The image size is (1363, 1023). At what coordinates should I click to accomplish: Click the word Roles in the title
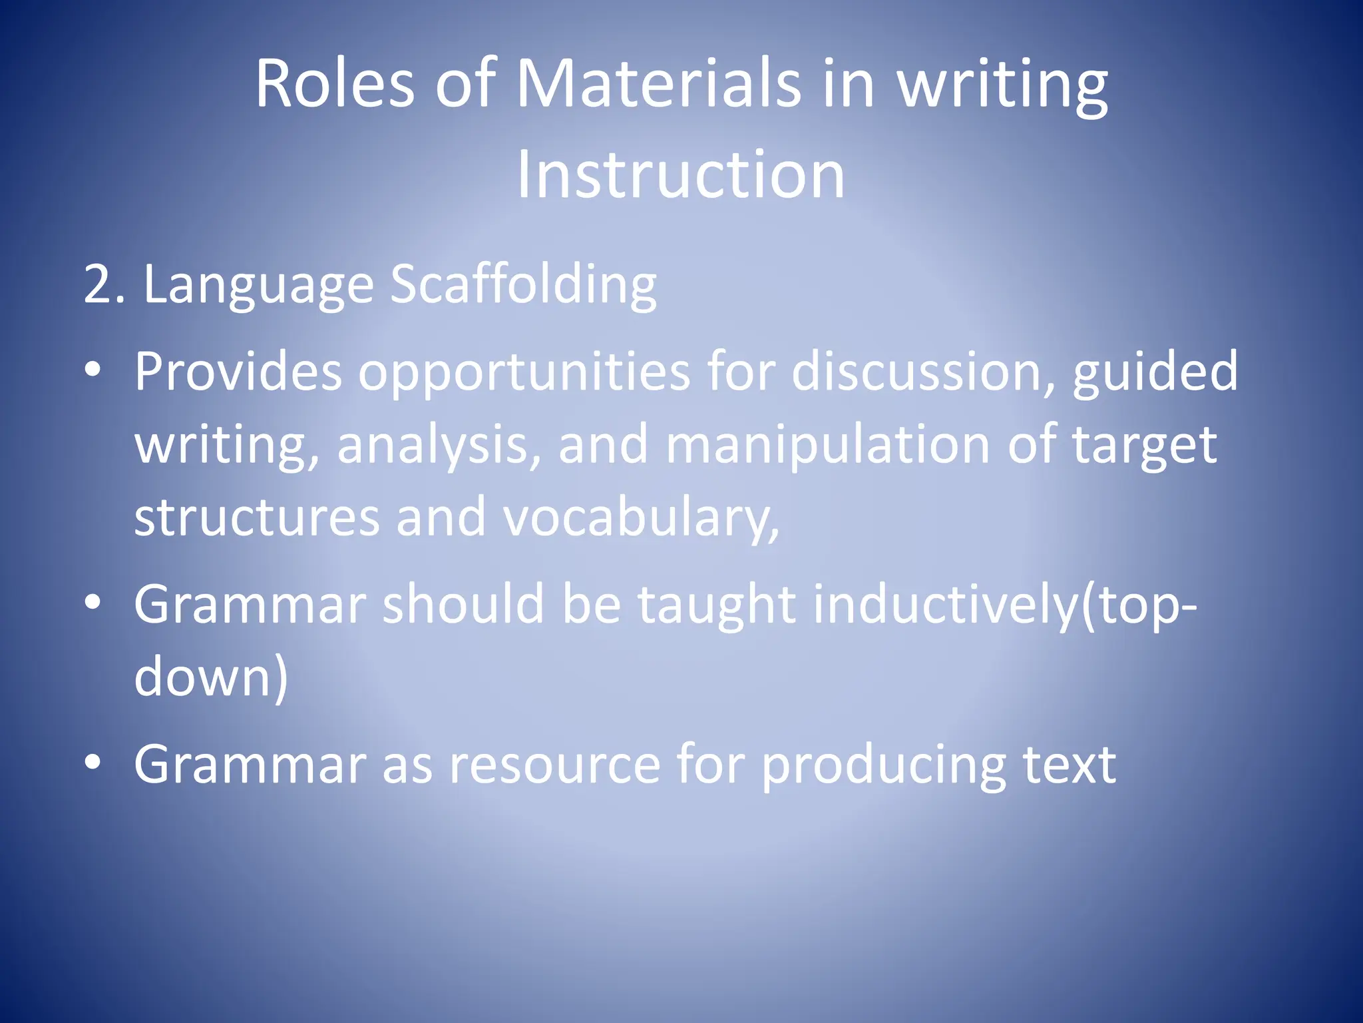335,85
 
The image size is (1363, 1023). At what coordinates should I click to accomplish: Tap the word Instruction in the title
681,174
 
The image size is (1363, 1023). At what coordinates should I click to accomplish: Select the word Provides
238,372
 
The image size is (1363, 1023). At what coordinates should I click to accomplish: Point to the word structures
256,518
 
